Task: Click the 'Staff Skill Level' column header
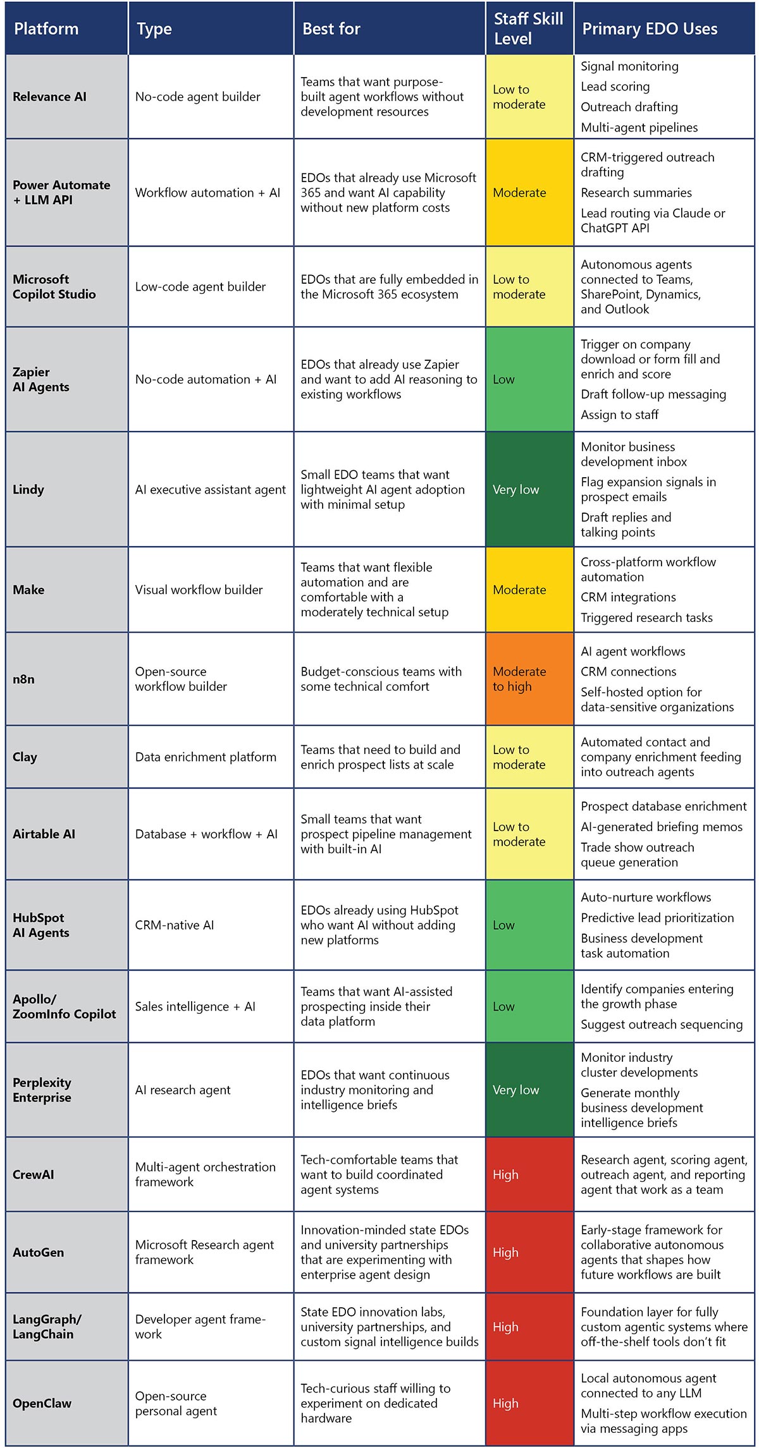[528, 28]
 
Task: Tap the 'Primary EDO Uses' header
[650, 28]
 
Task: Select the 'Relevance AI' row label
[49, 97]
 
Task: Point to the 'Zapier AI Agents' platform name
[41, 379]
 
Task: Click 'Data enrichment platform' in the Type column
[206, 757]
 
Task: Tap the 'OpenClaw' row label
[42, 1402]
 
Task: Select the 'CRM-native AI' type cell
[175, 925]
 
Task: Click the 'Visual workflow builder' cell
[199, 590]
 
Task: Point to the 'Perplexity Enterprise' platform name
[42, 1090]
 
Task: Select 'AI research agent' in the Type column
[183, 1090]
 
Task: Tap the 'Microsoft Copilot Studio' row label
[54, 286]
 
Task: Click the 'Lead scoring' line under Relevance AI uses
[615, 87]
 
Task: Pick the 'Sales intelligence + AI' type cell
[195, 1006]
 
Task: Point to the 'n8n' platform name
[23, 679]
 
